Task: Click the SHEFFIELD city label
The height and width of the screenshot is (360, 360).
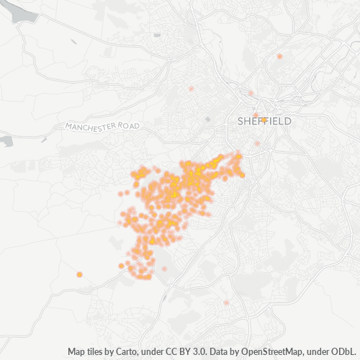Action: pyautogui.click(x=264, y=122)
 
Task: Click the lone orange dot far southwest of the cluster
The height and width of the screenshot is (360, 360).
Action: pyautogui.click(x=79, y=274)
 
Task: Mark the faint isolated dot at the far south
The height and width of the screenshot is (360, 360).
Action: pyautogui.click(x=226, y=302)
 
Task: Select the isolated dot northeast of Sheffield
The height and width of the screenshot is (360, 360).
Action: pyautogui.click(x=279, y=55)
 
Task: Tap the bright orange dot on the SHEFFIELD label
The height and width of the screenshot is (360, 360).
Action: pyautogui.click(x=264, y=120)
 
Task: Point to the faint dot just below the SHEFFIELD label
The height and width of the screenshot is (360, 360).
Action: pyautogui.click(x=257, y=143)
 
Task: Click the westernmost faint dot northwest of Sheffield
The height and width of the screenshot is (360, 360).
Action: pyautogui.click(x=191, y=89)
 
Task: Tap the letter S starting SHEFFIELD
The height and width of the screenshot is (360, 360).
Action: pyautogui.click(x=240, y=122)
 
